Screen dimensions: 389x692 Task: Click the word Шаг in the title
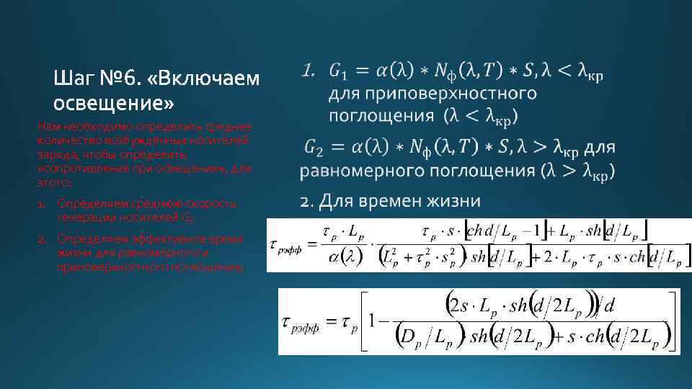tap(73, 78)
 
